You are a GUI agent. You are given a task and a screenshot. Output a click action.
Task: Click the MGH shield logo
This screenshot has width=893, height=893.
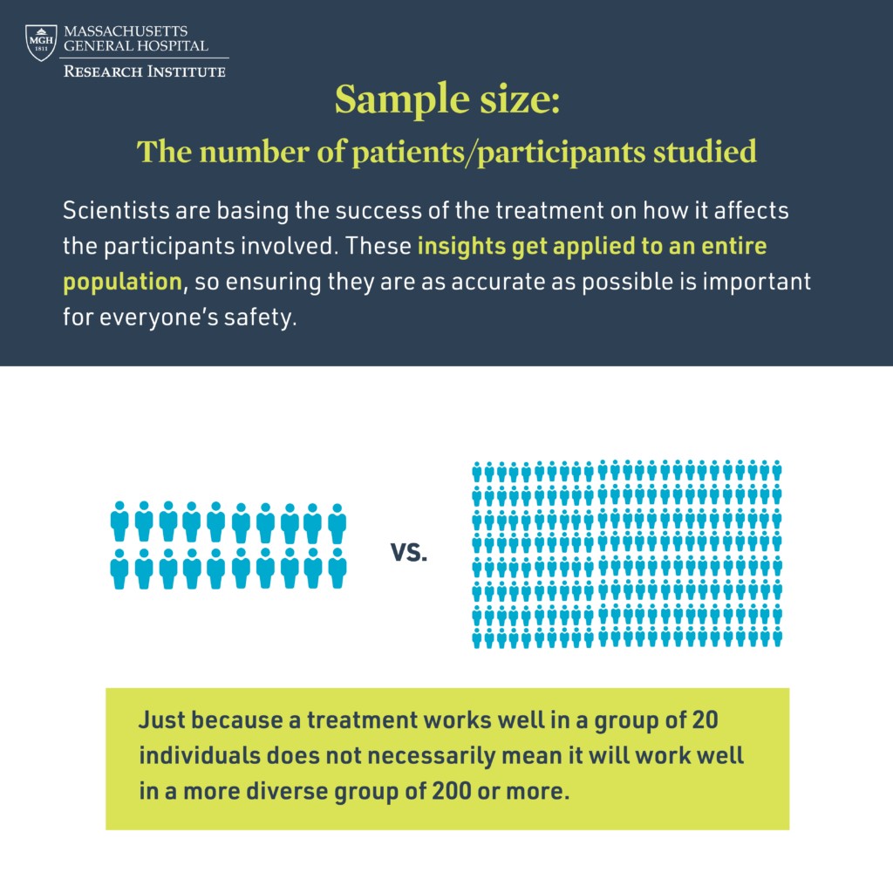[x=41, y=42]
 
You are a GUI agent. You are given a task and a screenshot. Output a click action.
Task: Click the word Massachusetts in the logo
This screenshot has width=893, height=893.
[x=126, y=31]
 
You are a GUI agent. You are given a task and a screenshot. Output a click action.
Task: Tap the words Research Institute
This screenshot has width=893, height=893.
[x=145, y=72]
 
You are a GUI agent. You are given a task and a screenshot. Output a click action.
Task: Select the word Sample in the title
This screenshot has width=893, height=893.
[x=402, y=99]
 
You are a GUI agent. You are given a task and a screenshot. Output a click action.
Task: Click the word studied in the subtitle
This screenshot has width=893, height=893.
[x=705, y=152]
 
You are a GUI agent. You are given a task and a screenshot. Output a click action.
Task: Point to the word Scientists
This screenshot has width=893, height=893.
[x=116, y=211]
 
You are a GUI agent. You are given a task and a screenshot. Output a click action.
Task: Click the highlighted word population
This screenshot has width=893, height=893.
[x=122, y=283]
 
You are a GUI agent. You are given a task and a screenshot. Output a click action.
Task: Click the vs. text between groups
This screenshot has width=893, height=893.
[x=409, y=552]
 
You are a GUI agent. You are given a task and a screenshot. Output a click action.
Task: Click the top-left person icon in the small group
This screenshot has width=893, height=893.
[x=119, y=521]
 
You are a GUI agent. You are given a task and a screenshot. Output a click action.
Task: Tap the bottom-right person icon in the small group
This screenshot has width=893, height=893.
[x=337, y=569]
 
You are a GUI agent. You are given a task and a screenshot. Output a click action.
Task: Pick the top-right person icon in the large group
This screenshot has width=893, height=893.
[x=776, y=470]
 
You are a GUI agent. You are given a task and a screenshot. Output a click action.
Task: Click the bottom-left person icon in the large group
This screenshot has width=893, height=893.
[x=477, y=637]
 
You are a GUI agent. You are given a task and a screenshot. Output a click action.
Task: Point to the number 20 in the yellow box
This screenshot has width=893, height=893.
[x=705, y=720]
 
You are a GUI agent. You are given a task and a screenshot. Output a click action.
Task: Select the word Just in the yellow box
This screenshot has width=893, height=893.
[x=161, y=720]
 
